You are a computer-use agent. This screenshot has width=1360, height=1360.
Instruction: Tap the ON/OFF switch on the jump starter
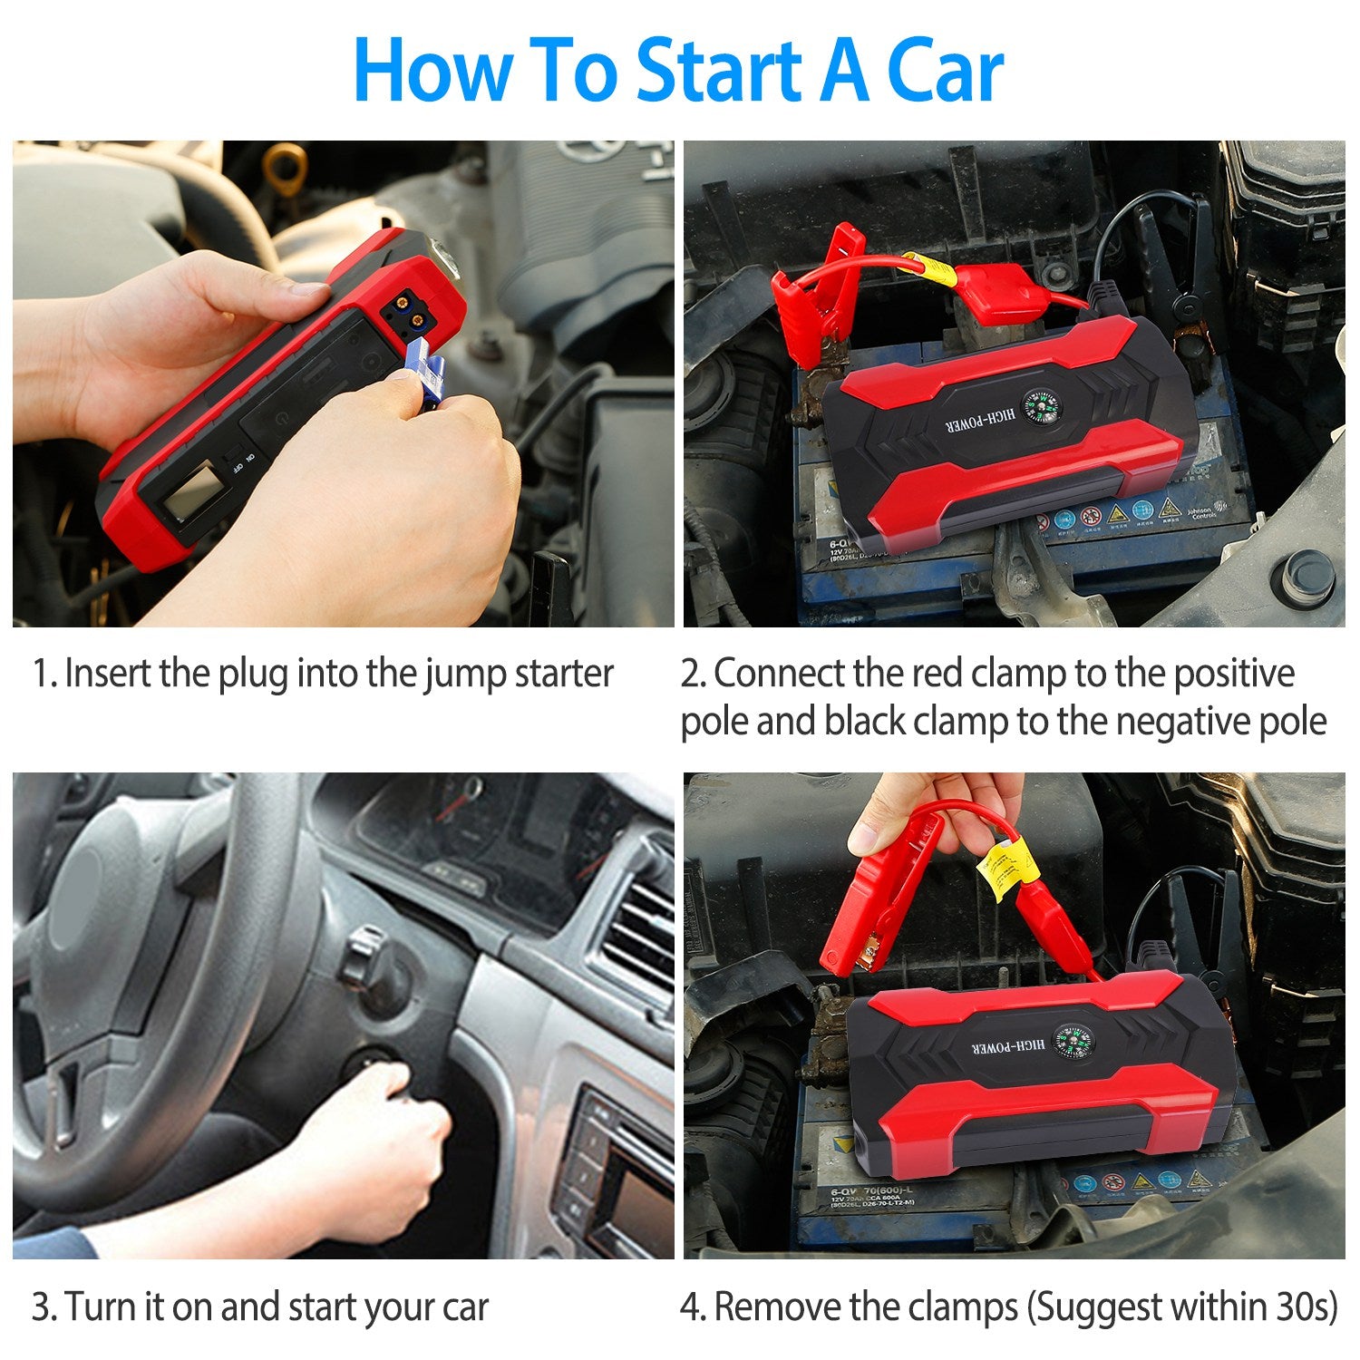pos(238,459)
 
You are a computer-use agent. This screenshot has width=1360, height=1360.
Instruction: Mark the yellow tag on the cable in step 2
pos(930,268)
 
